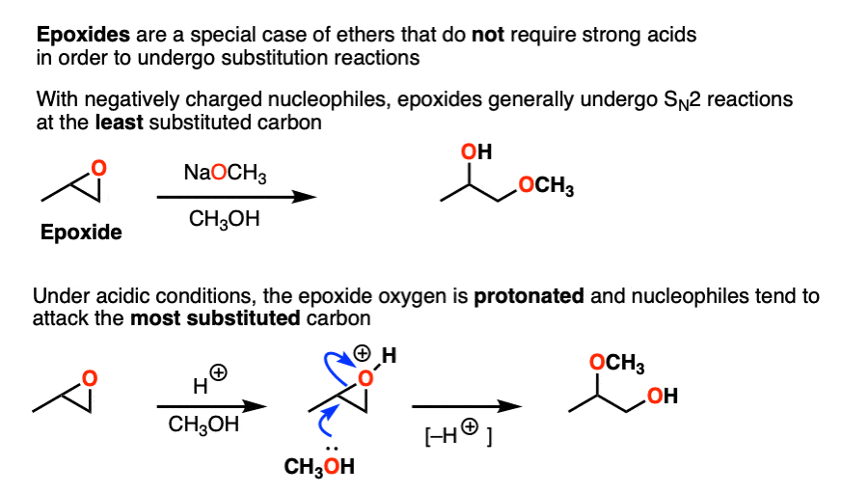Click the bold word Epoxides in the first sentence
(x=83, y=35)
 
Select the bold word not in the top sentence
(x=488, y=35)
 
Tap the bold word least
(x=119, y=123)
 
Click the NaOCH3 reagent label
(x=225, y=174)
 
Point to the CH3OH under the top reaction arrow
(x=224, y=219)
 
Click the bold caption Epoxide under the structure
(x=82, y=233)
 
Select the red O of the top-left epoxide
(x=98, y=169)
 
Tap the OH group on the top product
(x=476, y=151)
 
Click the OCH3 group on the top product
(x=546, y=185)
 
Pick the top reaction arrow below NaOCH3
(x=236, y=198)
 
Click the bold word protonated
(x=529, y=295)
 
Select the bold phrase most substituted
(x=215, y=318)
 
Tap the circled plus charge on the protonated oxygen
(x=363, y=354)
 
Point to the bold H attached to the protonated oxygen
(x=389, y=356)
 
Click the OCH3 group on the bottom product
(x=617, y=363)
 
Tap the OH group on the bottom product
(x=663, y=397)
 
